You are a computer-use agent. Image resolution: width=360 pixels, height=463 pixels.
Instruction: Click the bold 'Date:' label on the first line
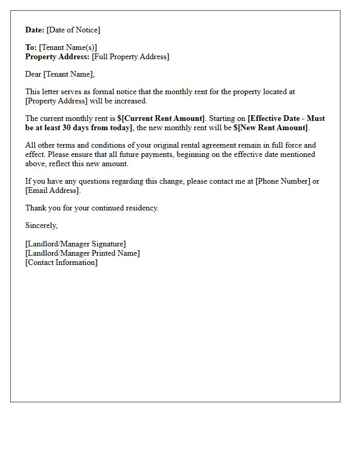pyautogui.click(x=34, y=30)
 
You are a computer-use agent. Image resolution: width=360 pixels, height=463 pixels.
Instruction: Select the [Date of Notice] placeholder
pyautogui.click(x=74, y=30)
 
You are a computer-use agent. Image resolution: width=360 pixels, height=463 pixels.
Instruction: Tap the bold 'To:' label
pyautogui.click(x=31, y=47)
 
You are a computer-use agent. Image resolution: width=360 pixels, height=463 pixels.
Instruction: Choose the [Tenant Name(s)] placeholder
pyautogui.click(x=68, y=47)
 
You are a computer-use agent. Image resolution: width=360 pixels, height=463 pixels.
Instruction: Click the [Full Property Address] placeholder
pyautogui.click(x=131, y=57)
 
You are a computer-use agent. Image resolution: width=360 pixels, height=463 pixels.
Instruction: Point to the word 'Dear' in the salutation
pyautogui.click(x=33, y=74)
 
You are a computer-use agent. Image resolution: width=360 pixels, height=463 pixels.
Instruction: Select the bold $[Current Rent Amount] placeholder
pyautogui.click(x=161, y=118)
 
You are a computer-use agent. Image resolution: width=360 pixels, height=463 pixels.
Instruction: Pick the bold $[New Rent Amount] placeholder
pyautogui.click(x=271, y=128)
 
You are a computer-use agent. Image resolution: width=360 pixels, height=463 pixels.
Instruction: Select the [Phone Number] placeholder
pyautogui.click(x=283, y=181)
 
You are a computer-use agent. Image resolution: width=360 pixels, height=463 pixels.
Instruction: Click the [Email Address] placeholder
pyautogui.click(x=52, y=190)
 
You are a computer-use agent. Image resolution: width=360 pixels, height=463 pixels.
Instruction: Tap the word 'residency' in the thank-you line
pyautogui.click(x=141, y=208)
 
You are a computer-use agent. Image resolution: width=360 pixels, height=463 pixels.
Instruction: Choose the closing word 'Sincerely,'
pyautogui.click(x=42, y=225)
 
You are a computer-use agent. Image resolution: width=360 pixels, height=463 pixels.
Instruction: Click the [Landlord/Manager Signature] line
pyautogui.click(x=76, y=244)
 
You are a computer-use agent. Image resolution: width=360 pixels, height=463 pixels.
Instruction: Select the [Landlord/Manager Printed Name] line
pyautogui.click(x=82, y=253)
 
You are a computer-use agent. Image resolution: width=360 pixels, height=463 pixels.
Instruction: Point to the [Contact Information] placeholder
pyautogui.click(x=61, y=262)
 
